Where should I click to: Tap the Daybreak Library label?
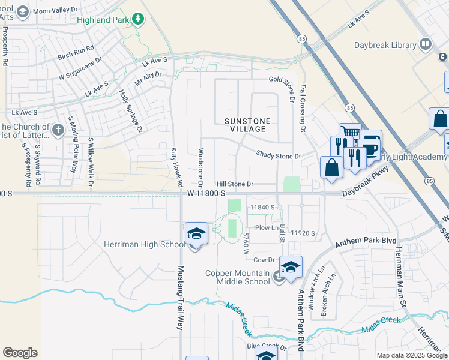coord(389,45)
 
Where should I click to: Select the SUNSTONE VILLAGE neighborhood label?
coord(244,125)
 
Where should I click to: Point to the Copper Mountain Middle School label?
coord(238,277)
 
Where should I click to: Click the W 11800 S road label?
coord(206,193)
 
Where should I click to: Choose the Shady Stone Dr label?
coord(278,155)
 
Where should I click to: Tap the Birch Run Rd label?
coord(76,47)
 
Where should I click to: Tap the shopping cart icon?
coord(349,134)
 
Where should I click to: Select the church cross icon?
coord(58,130)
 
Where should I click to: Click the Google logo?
coord(20,353)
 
